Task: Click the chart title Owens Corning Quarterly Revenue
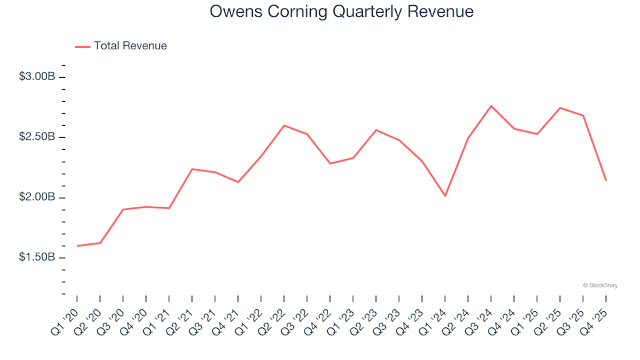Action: tap(341, 12)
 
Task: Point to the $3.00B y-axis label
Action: tap(37, 77)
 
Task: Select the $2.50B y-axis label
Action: tap(37, 137)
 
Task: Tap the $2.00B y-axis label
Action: tap(37, 197)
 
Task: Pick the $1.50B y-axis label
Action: tap(37, 257)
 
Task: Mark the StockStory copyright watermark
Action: tap(600, 285)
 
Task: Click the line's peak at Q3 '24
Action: tap(491, 106)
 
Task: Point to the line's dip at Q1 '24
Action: tap(445, 196)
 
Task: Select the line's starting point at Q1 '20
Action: tap(77, 246)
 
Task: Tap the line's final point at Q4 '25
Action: tap(606, 180)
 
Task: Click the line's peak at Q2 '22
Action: tap(284, 125)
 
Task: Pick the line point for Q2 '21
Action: tap(192, 169)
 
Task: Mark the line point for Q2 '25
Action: tap(560, 108)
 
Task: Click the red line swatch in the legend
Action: tap(83, 47)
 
